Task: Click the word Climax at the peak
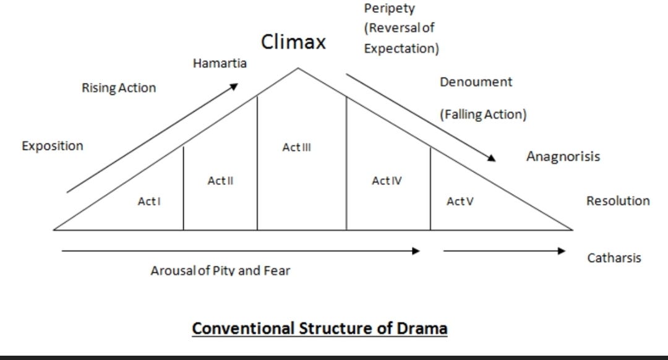(293, 41)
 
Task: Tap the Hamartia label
(220, 63)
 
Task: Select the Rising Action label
(119, 88)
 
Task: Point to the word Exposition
(53, 146)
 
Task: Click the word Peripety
(390, 9)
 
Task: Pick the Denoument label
(476, 82)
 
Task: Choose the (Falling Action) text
(483, 114)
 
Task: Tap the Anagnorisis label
(563, 156)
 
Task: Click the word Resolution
(618, 200)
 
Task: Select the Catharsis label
(614, 258)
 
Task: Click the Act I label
(149, 201)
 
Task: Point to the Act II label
(220, 181)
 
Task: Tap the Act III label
(296, 147)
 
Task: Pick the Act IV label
(387, 181)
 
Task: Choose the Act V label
(460, 201)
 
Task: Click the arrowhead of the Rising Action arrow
(234, 87)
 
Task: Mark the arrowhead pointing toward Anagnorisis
(492, 158)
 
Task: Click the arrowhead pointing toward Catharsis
(562, 251)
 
